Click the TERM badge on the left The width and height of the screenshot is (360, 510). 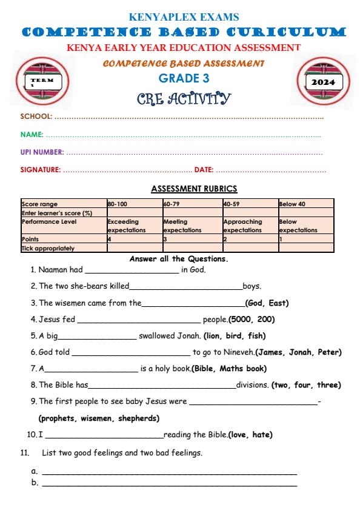pos(41,81)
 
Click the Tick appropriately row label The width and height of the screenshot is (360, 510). pos(48,248)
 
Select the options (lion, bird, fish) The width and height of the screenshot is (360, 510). pos(235,335)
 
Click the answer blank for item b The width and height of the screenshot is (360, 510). pos(169,483)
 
